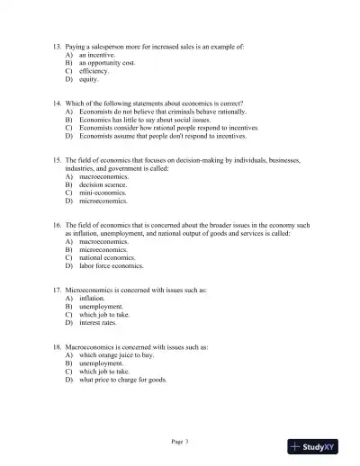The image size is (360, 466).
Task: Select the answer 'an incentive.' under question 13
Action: point(96,55)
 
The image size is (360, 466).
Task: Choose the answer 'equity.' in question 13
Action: point(88,79)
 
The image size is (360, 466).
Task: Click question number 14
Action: point(58,103)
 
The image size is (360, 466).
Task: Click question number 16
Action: point(58,226)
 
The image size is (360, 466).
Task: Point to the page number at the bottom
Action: point(179,442)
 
